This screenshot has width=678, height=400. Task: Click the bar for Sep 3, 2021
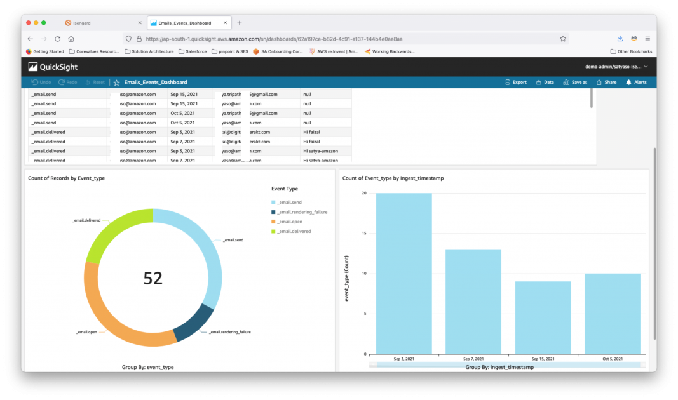click(403, 273)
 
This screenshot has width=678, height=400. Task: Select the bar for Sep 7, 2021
click(473, 301)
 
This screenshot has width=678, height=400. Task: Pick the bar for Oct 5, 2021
click(612, 314)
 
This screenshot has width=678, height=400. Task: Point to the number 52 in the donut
click(153, 278)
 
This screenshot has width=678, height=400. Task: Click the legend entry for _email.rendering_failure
click(302, 212)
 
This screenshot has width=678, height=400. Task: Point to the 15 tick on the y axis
click(364, 233)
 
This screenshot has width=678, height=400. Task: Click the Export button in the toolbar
click(515, 82)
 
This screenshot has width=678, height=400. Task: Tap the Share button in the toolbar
click(606, 82)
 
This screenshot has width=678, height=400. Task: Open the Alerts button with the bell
click(636, 82)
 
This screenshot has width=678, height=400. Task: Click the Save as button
click(575, 82)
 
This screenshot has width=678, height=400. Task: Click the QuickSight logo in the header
click(50, 67)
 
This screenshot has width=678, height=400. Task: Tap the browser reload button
click(58, 39)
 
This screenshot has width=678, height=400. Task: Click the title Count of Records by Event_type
click(67, 178)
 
